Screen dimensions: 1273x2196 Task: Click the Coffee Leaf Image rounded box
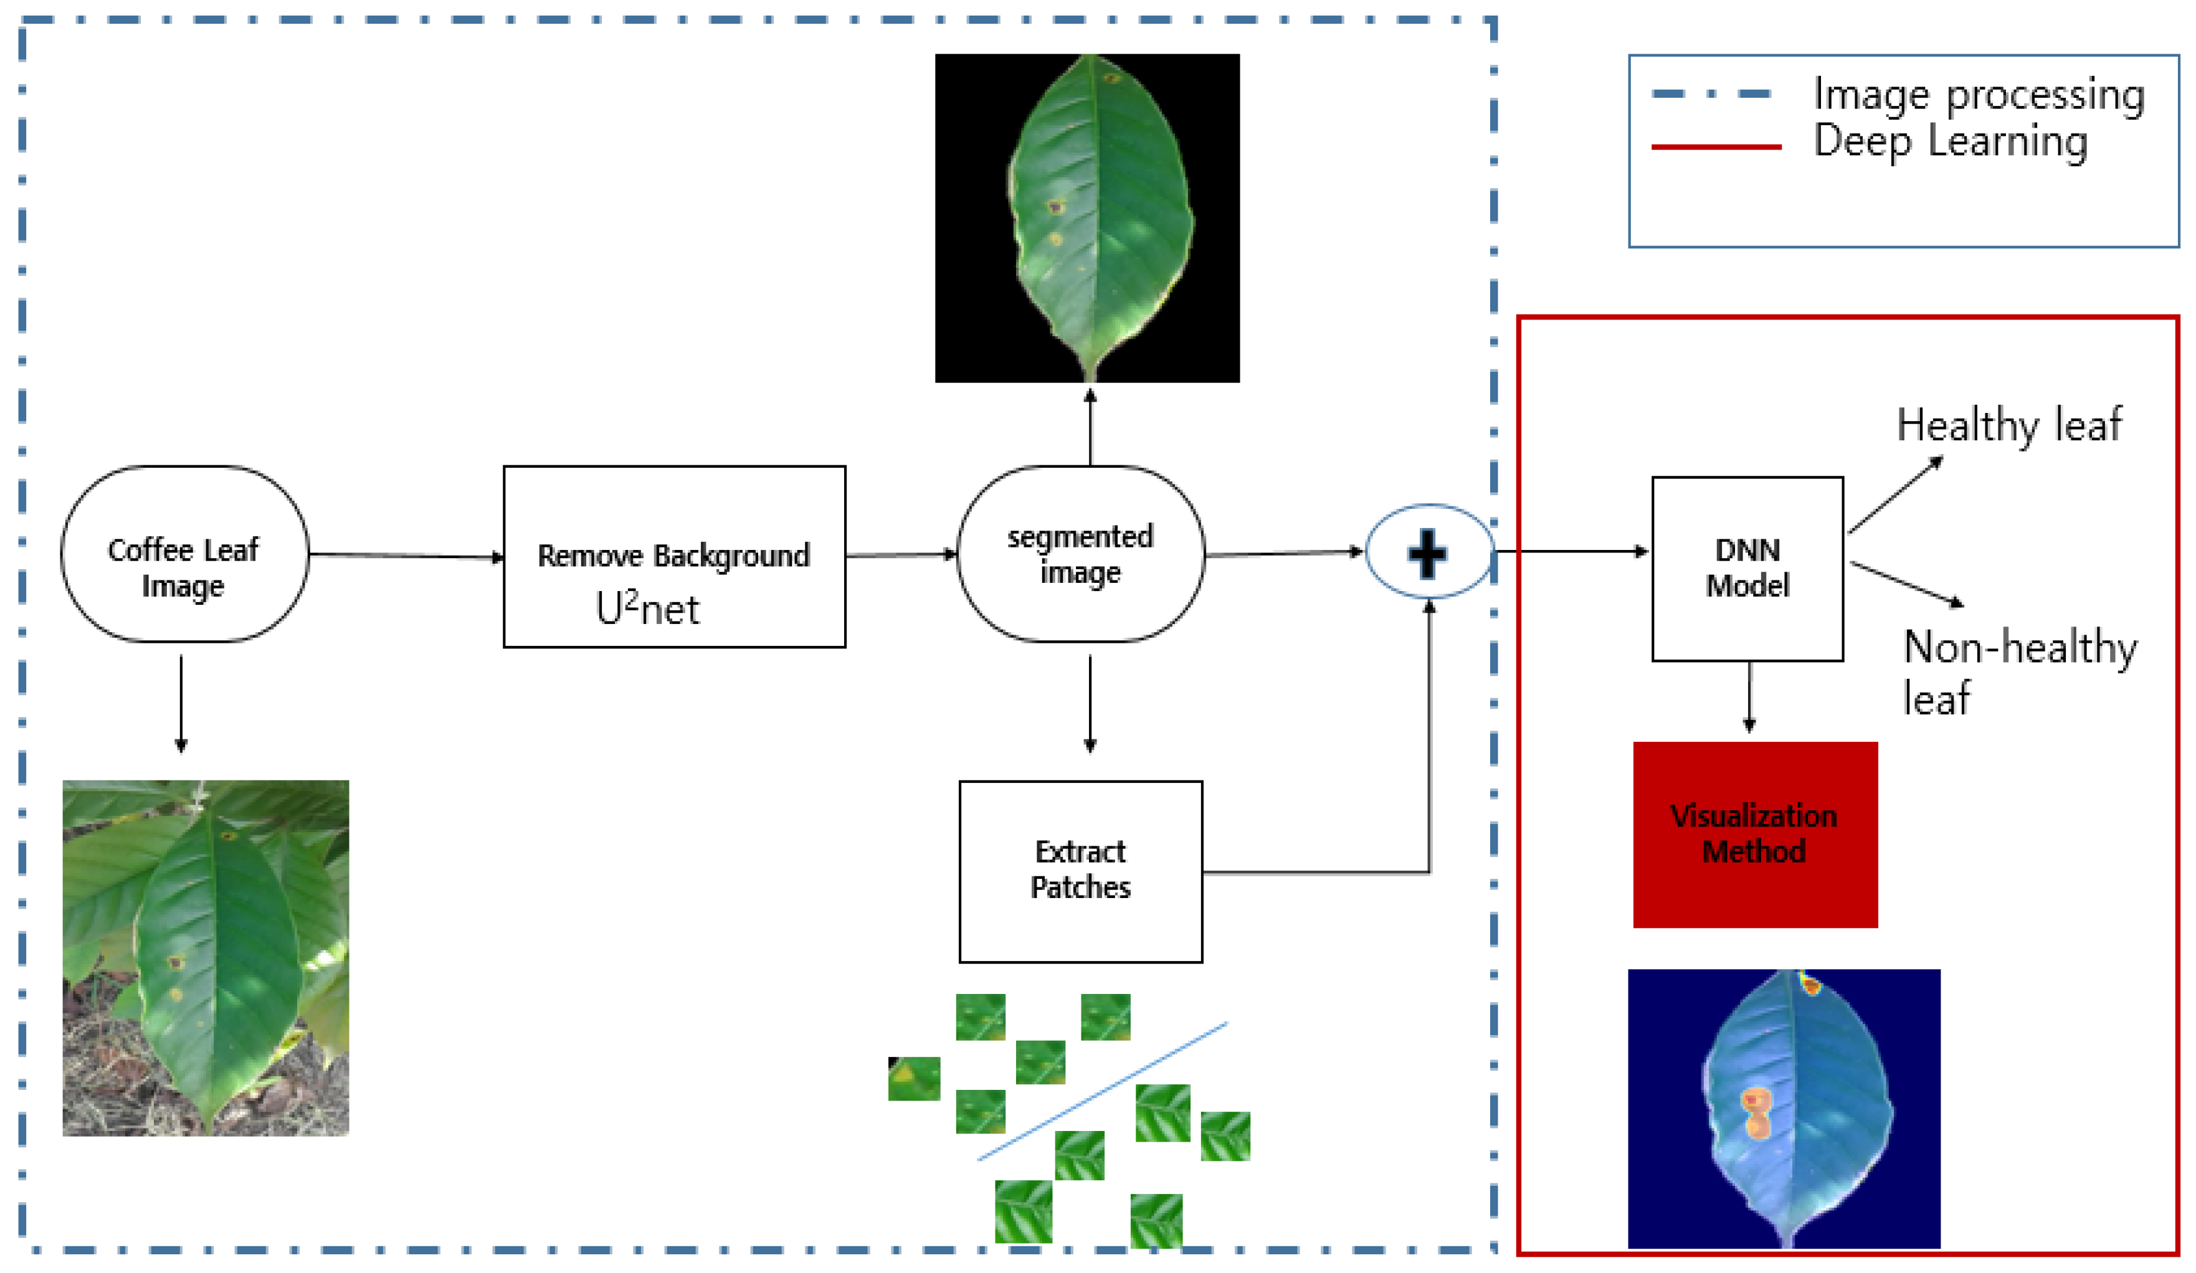coord(184,554)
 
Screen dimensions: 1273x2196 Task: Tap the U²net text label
coord(647,609)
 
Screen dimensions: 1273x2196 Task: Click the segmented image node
coord(1081,554)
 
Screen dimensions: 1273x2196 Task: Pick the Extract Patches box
coord(1081,871)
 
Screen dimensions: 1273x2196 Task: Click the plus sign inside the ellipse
coord(1427,552)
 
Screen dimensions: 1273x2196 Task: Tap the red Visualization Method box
coord(1754,834)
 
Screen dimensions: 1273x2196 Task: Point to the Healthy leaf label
coord(2008,425)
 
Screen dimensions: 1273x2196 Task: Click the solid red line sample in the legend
coord(1715,147)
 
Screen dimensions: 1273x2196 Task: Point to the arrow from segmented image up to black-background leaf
coord(1090,427)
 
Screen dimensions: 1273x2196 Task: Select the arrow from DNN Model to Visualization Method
coord(1749,697)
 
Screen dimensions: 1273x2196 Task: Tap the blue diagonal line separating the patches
coord(1102,1091)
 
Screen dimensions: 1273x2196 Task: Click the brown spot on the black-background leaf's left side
coord(1055,207)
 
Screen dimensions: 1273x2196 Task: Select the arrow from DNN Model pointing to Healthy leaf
coord(1894,494)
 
